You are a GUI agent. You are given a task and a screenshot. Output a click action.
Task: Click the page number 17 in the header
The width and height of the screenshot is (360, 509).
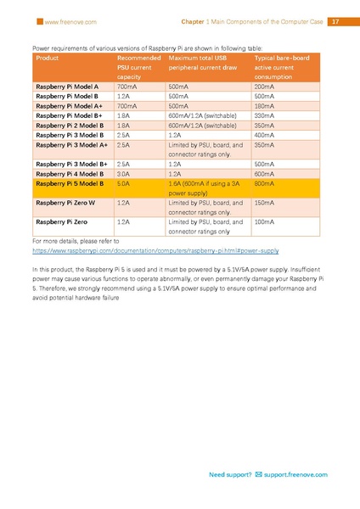point(334,21)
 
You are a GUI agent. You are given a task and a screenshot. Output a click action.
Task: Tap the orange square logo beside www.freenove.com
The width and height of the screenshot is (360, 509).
point(37,21)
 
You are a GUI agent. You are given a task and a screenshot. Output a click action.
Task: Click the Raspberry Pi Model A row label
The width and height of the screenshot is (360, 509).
point(67,87)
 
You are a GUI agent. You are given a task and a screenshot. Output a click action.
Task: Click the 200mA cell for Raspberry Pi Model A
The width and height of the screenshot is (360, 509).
point(264,87)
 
